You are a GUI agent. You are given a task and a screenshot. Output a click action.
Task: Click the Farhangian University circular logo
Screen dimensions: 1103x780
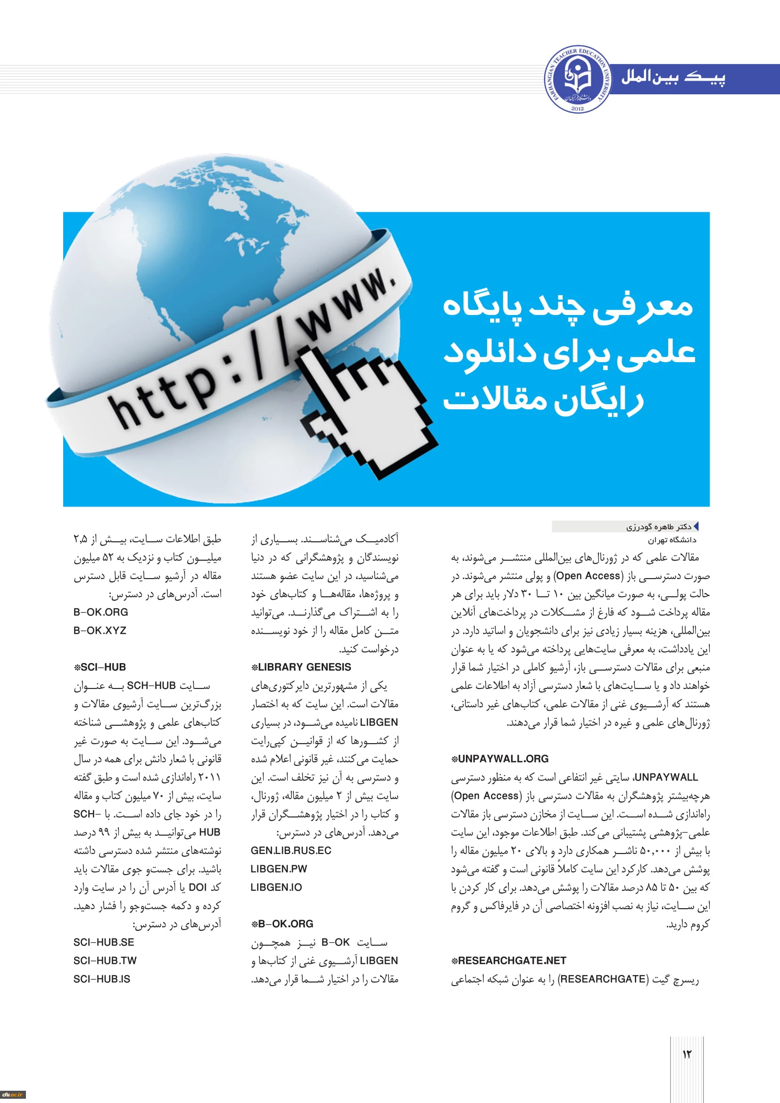(x=578, y=79)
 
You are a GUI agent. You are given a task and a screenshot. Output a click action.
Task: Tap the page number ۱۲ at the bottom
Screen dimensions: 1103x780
(x=686, y=1054)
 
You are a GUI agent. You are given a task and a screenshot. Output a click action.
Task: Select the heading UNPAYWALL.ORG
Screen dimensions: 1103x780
(x=499, y=759)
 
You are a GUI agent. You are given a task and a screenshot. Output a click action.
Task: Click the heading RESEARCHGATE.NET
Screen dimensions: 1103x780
(x=509, y=960)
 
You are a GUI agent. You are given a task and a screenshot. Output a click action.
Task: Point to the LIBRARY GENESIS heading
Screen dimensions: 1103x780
(x=301, y=667)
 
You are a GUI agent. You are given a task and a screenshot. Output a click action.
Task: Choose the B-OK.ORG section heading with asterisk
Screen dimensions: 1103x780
(x=282, y=923)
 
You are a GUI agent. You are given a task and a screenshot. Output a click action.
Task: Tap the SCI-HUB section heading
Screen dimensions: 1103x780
(x=100, y=667)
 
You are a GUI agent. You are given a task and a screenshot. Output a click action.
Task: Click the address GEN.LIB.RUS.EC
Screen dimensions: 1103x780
(x=290, y=850)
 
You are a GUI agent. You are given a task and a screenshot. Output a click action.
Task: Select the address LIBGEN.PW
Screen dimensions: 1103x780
(x=279, y=869)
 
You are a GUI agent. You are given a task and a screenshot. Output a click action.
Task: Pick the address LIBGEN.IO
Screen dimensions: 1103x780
(x=276, y=887)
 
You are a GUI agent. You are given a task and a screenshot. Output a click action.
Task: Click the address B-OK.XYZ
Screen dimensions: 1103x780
(x=100, y=630)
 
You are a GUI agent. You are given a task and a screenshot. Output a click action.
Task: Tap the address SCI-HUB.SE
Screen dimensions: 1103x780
(x=104, y=942)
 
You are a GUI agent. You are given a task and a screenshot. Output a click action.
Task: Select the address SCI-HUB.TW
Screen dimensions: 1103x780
(x=105, y=960)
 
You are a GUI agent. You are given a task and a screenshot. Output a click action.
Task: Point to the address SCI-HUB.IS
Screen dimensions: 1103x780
(x=102, y=979)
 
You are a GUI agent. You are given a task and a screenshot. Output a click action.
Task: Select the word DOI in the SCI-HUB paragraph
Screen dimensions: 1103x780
(x=198, y=887)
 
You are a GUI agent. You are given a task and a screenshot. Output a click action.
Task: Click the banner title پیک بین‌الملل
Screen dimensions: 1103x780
(x=673, y=77)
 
